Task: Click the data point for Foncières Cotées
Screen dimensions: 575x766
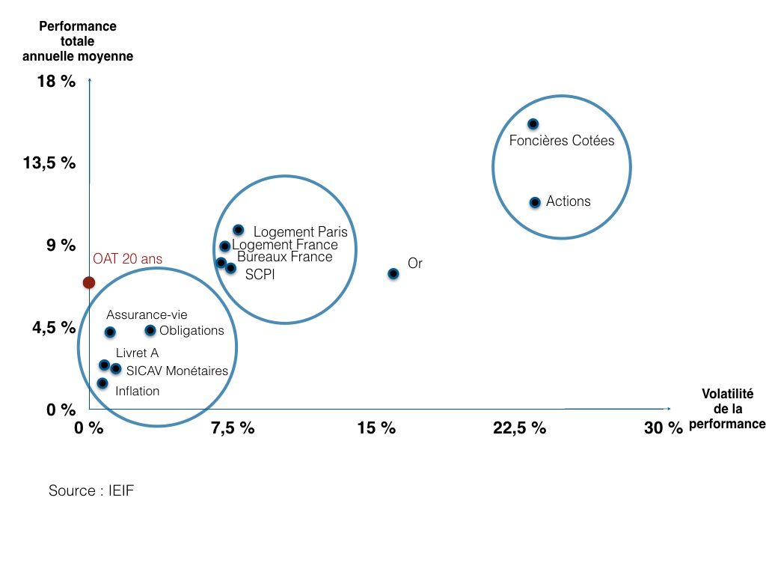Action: coord(533,124)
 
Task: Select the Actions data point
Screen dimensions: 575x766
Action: coord(535,202)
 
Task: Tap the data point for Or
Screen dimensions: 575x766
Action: coord(393,274)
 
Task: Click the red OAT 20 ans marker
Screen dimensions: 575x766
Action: coord(89,282)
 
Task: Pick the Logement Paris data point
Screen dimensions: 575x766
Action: coord(238,230)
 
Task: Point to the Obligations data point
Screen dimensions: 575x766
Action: coord(150,330)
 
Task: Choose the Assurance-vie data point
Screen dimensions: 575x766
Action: coord(110,332)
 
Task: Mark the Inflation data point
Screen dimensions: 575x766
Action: coord(102,383)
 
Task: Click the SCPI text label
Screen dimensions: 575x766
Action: coord(260,275)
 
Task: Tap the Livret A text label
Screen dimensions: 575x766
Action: coord(137,353)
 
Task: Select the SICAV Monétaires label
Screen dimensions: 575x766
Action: coord(177,371)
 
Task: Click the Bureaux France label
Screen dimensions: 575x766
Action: coord(284,257)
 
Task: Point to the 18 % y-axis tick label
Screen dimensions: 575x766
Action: coord(56,82)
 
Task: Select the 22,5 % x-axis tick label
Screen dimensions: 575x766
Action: coord(519,428)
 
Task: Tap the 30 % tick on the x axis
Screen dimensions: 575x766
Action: coord(664,428)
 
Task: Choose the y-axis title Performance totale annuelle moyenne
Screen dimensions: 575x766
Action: coord(78,41)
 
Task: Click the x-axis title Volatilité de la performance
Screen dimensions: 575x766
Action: coord(727,409)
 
